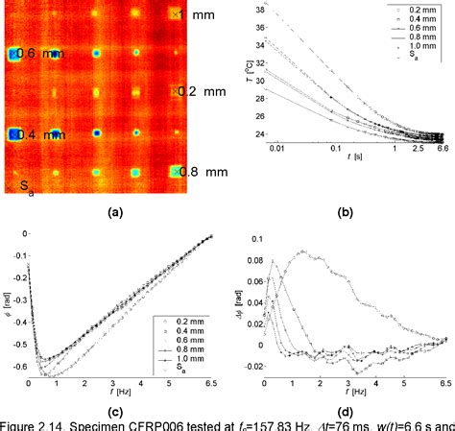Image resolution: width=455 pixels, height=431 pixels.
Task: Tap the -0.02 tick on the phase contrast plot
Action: point(251,365)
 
